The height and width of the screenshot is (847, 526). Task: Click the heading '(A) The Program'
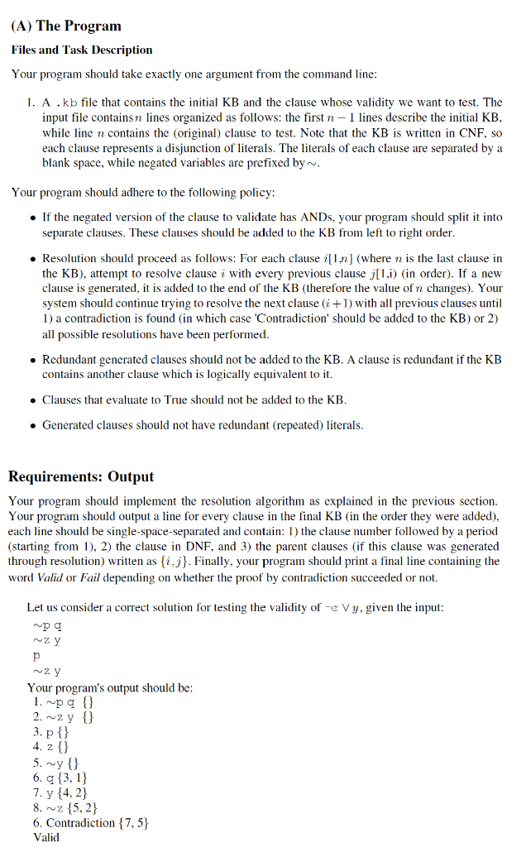(66, 26)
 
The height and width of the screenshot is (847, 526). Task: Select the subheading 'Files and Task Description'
(82, 50)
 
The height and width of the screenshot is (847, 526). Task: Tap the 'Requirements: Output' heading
(81, 476)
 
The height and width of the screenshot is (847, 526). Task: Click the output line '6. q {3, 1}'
(60, 778)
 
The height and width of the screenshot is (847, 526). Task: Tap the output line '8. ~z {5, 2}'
(66, 807)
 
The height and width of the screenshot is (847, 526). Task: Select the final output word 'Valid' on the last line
(46, 837)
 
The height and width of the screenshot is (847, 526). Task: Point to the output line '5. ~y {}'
(56, 763)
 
